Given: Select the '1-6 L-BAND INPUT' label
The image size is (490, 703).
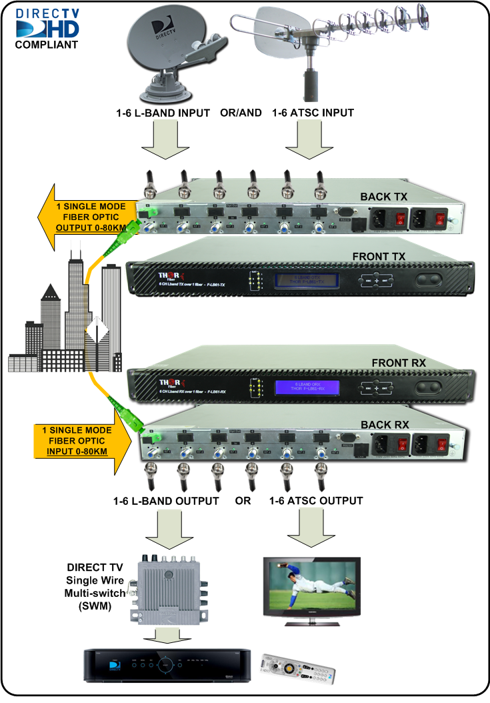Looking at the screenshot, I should click(163, 113).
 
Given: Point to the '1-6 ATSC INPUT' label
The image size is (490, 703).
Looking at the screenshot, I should click(313, 113).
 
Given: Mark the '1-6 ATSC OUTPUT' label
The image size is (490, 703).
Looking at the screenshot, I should click(317, 501).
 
